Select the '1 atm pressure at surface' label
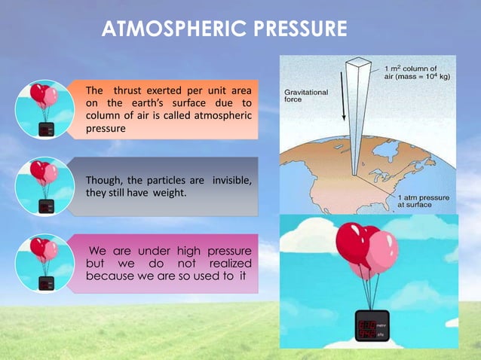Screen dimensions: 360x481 click(423, 203)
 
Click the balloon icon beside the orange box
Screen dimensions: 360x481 click(43, 110)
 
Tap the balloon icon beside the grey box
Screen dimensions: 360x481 click(43, 184)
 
